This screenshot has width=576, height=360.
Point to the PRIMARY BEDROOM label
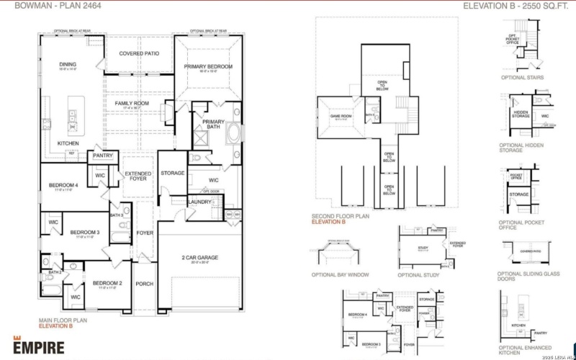(208, 67)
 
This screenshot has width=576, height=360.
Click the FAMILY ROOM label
(132, 104)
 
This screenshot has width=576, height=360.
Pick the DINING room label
(68, 65)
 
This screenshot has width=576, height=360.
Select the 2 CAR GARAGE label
(199, 258)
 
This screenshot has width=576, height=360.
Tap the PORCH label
(145, 284)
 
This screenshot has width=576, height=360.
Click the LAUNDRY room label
(199, 202)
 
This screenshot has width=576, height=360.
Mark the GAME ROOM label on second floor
(341, 115)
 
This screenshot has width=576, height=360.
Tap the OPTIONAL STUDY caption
(419, 275)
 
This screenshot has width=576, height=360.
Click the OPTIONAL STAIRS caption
(521, 78)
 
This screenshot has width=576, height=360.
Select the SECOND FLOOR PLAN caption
(341, 216)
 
